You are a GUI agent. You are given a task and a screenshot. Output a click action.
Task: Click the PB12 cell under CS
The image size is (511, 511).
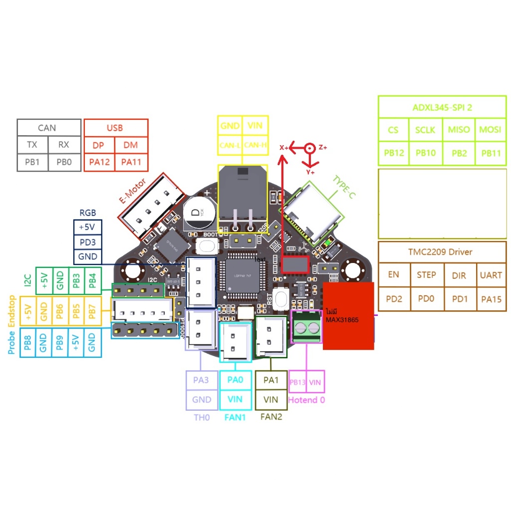[x=393, y=153]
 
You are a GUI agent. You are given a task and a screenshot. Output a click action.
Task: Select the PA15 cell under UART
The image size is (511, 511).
[x=491, y=300]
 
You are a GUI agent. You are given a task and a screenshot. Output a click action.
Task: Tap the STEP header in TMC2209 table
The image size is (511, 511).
[x=426, y=274]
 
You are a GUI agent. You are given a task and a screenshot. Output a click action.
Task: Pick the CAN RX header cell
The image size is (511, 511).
[x=64, y=144]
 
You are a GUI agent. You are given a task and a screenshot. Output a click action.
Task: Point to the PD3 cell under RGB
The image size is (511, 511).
[x=87, y=242]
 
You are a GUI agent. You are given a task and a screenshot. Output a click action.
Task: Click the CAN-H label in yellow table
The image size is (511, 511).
[x=255, y=145]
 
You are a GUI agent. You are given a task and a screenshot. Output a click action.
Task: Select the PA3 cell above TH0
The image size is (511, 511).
[x=201, y=380]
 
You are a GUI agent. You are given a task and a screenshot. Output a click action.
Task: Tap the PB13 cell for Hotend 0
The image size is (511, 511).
[x=297, y=382]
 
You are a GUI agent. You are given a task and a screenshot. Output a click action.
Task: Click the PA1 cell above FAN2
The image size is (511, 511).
[x=271, y=380]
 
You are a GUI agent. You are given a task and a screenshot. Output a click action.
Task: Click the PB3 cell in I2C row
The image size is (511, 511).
[x=76, y=282]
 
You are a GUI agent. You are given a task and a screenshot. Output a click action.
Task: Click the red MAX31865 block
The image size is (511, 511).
[x=348, y=315]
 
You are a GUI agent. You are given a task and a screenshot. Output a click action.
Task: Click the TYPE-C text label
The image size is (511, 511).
[x=344, y=188]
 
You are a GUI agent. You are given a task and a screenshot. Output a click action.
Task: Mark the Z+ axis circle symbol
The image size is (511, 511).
[x=310, y=148]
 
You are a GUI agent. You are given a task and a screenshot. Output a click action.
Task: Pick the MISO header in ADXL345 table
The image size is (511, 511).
[x=459, y=130]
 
